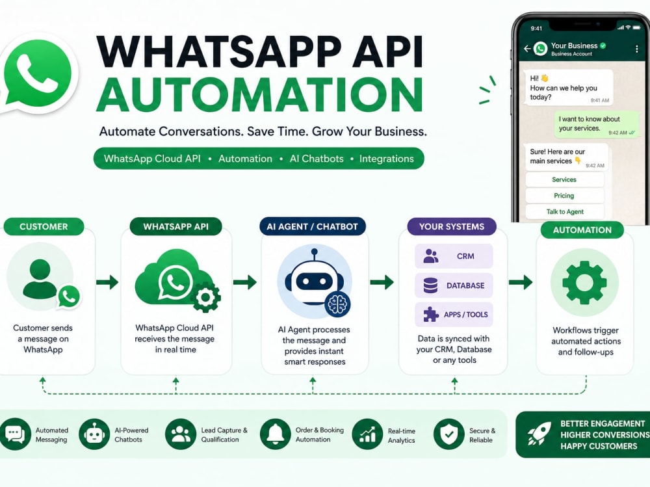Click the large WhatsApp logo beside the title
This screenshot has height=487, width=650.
[38, 73]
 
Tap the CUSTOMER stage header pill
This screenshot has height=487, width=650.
[44, 226]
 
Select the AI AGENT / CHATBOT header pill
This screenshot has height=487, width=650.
[313, 226]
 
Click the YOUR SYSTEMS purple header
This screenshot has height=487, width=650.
[452, 226]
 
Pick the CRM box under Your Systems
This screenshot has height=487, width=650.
[454, 256]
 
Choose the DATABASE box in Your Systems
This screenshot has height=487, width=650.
[454, 285]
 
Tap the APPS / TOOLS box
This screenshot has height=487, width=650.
[454, 315]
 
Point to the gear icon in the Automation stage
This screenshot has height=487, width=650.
[584, 282]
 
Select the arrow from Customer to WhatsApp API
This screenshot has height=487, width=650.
[107, 282]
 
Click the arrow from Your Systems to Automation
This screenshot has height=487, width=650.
[521, 282]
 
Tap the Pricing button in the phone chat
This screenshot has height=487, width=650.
[564, 196]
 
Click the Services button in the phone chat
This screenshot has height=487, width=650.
[564, 179]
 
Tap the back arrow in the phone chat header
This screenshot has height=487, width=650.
[527, 49]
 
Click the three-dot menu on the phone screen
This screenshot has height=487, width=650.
[637, 49]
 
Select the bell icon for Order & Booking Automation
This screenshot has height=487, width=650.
[275, 434]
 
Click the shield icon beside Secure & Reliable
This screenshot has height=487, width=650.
[448, 434]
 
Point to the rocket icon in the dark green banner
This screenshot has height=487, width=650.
[539, 434]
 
